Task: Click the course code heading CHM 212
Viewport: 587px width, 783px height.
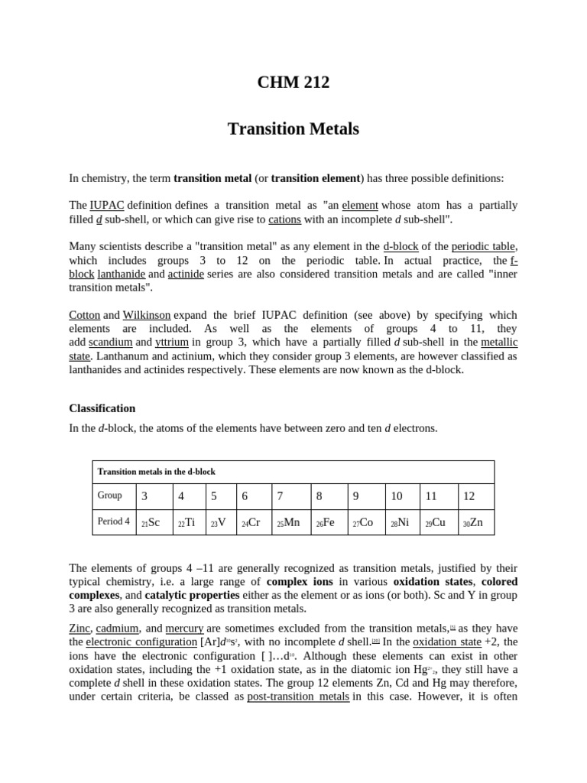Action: (x=293, y=82)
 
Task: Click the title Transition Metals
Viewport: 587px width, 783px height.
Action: (x=293, y=128)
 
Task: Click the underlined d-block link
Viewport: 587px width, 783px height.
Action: (x=400, y=246)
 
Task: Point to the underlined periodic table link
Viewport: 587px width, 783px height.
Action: (x=484, y=246)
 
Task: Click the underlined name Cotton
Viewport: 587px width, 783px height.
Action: (x=84, y=315)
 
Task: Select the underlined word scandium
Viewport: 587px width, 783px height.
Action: (x=110, y=343)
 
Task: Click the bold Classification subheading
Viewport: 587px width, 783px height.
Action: (x=102, y=408)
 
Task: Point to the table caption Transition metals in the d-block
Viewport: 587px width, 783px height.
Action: (x=157, y=472)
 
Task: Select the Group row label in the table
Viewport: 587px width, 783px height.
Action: (x=110, y=495)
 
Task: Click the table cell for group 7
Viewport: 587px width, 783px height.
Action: (x=290, y=496)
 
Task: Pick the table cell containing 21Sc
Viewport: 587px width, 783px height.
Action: (x=154, y=522)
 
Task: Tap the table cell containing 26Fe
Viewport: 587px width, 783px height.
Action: (x=328, y=522)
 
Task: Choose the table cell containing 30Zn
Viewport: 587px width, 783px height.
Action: (x=475, y=522)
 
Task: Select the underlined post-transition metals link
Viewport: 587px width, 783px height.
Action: (x=298, y=697)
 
